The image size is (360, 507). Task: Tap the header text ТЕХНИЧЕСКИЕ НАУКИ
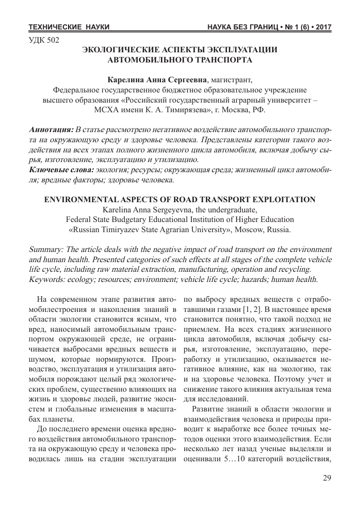tap(69, 26)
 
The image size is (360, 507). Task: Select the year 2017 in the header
tap(321, 26)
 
